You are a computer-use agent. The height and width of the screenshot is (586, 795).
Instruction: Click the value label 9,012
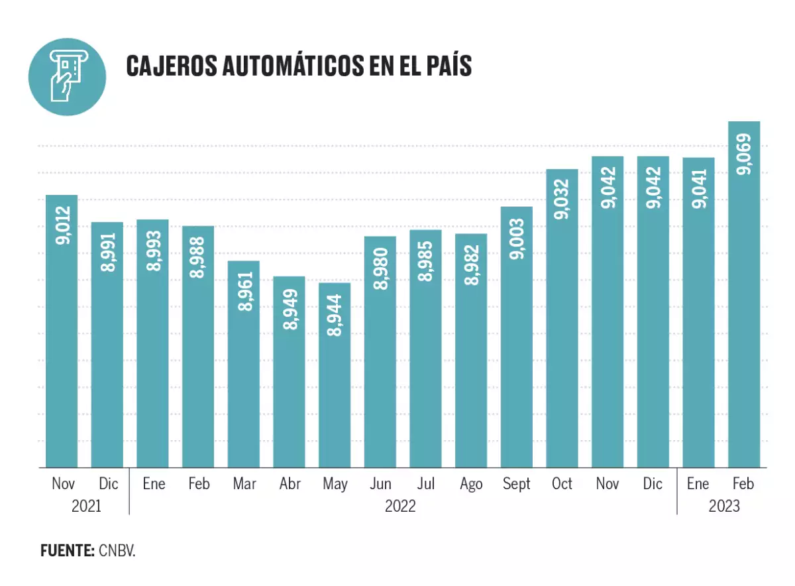[x=62, y=227]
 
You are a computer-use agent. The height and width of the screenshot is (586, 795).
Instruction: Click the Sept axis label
[x=517, y=484]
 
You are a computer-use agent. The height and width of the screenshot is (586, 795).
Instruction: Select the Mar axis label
[x=244, y=484]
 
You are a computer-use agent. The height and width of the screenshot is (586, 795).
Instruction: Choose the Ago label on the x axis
[x=471, y=484]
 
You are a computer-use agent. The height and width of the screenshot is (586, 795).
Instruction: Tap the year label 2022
[x=400, y=506]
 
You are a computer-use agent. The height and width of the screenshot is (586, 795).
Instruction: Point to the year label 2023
[x=723, y=506]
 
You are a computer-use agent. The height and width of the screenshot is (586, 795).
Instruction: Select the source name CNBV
[x=117, y=551]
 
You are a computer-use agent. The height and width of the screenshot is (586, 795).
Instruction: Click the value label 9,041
[x=699, y=189]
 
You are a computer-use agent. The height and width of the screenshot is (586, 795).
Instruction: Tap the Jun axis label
[x=380, y=484]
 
